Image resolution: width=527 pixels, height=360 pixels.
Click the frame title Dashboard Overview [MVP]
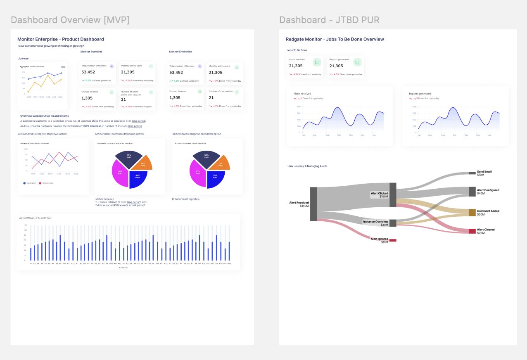click(70, 20)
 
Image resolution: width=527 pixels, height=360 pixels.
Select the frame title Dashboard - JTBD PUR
click(329, 20)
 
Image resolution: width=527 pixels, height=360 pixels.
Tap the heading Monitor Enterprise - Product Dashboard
click(60, 39)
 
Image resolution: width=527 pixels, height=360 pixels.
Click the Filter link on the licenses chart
click(63, 66)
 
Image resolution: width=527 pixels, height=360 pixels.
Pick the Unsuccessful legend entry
click(47, 183)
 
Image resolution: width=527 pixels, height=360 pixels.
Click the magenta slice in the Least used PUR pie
click(197, 172)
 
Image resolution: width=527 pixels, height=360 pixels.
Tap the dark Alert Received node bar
click(313, 204)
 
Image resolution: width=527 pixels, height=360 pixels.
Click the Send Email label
click(484, 172)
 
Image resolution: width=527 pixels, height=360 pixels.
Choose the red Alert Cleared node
click(472, 231)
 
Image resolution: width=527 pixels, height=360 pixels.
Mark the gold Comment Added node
click(472, 213)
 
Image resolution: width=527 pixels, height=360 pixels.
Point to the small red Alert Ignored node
click(392, 240)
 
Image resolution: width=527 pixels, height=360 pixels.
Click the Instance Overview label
click(375, 222)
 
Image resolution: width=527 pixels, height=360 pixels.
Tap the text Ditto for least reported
click(186, 199)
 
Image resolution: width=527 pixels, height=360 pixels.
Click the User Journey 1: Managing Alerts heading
click(307, 166)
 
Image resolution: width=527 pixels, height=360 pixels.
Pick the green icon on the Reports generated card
click(357, 62)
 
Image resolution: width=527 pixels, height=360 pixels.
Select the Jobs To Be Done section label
click(297, 50)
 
